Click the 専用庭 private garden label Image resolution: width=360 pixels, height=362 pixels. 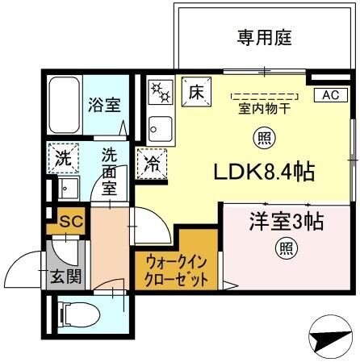pos(263,37)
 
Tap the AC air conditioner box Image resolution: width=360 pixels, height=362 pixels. pos(331,94)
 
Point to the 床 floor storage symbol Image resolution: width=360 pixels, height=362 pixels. pos(196,91)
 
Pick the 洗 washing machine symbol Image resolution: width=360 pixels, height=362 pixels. pos(61,158)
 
